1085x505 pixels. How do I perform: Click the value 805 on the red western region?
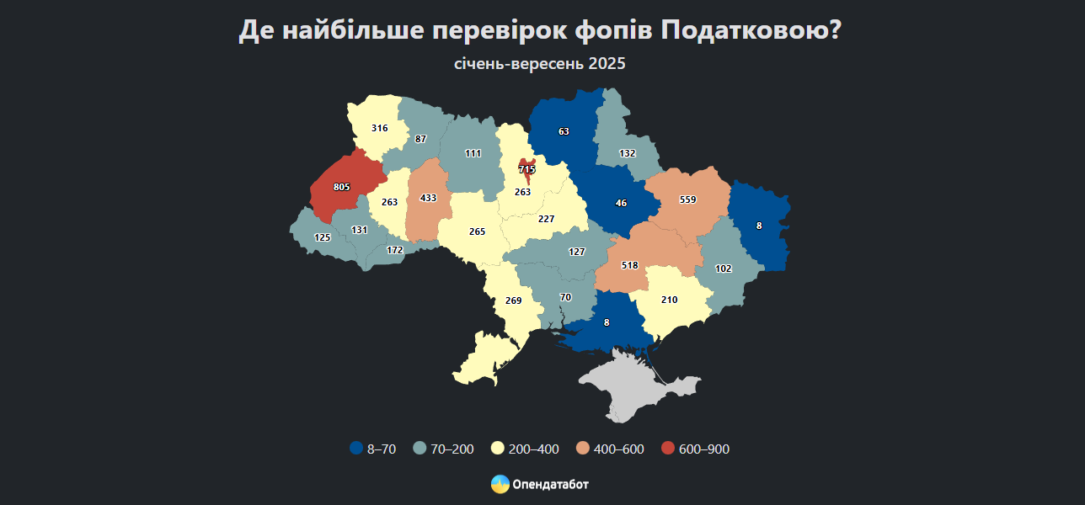(341, 187)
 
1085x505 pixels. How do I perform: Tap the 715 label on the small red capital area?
(527, 170)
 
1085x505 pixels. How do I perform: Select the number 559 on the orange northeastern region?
(688, 200)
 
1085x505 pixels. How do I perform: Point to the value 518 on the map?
(630, 265)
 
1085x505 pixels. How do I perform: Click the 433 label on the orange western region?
(428, 198)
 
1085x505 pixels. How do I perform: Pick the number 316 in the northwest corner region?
(379, 129)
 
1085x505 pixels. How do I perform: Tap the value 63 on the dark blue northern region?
(564, 131)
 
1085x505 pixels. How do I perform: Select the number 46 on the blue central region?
(622, 204)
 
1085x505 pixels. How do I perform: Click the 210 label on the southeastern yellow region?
(670, 300)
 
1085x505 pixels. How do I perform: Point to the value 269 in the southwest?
(513, 300)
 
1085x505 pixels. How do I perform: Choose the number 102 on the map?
(723, 268)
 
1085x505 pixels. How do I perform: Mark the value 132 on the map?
(627, 154)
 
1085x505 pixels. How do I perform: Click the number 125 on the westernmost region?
(322, 237)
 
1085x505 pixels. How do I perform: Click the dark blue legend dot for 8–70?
(356, 449)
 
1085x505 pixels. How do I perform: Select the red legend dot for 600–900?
(668, 449)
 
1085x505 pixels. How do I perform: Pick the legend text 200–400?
(533, 449)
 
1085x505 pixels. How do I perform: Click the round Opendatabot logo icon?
(500, 484)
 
